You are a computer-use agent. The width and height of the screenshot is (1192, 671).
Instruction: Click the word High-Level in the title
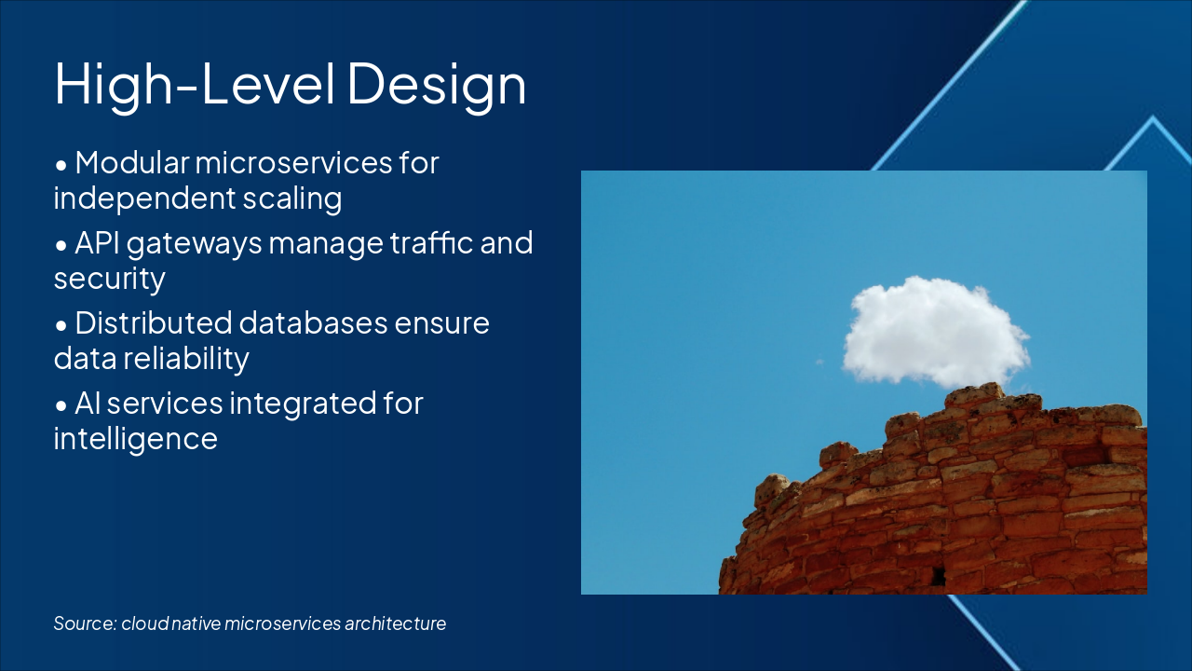point(195,84)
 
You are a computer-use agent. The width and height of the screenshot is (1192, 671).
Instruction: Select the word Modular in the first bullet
point(132,162)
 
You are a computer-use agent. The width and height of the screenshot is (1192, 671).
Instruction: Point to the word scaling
point(292,199)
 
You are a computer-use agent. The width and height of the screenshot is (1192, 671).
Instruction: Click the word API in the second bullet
point(97,243)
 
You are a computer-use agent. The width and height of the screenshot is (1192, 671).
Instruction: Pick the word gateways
point(195,244)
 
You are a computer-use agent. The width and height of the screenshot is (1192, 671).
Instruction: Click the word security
point(110,280)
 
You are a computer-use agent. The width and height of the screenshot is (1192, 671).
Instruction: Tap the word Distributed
point(154,322)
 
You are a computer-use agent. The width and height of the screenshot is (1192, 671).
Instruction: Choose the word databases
point(313,322)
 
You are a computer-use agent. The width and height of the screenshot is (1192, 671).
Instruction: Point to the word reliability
point(186,360)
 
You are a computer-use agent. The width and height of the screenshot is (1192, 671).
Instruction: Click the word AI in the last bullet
point(88,404)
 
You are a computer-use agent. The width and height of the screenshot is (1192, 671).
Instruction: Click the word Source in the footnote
point(85,623)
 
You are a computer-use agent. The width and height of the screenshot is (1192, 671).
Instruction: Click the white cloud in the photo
point(936,331)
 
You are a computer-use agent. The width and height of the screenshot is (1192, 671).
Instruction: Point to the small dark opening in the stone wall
point(938,576)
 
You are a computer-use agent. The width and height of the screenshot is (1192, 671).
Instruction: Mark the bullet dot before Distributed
point(61,325)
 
